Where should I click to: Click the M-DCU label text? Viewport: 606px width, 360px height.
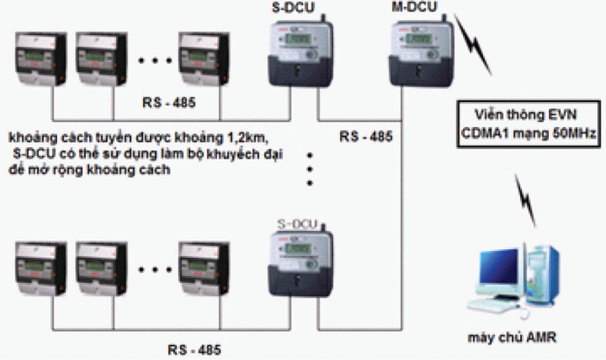(x=413, y=8)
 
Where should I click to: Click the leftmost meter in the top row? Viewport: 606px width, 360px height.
(x=42, y=59)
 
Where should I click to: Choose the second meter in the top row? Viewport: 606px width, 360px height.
(x=102, y=59)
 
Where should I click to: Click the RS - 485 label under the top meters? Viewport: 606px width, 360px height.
(x=168, y=103)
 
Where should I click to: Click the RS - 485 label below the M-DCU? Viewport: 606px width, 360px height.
(x=365, y=137)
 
